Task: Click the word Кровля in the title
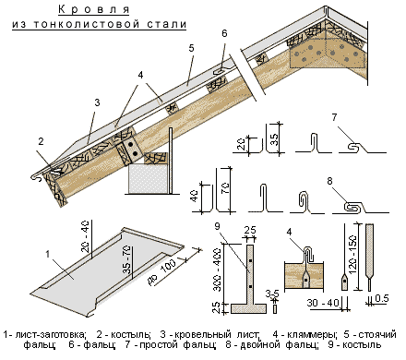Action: [94, 9]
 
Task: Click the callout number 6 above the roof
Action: [224, 33]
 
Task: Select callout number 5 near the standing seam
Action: [192, 48]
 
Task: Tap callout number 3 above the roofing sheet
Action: [97, 102]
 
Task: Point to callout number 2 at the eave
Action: [41, 141]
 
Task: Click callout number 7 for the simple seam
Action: [334, 117]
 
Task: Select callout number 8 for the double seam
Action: [329, 181]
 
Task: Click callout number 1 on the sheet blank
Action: [48, 254]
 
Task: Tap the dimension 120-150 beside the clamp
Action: [352, 255]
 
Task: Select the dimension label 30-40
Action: [323, 304]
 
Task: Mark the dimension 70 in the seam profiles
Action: [225, 189]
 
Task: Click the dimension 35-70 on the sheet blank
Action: [127, 260]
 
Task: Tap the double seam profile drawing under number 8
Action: [361, 208]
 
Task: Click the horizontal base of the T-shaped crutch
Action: [248, 308]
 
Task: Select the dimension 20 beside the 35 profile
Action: [242, 144]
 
